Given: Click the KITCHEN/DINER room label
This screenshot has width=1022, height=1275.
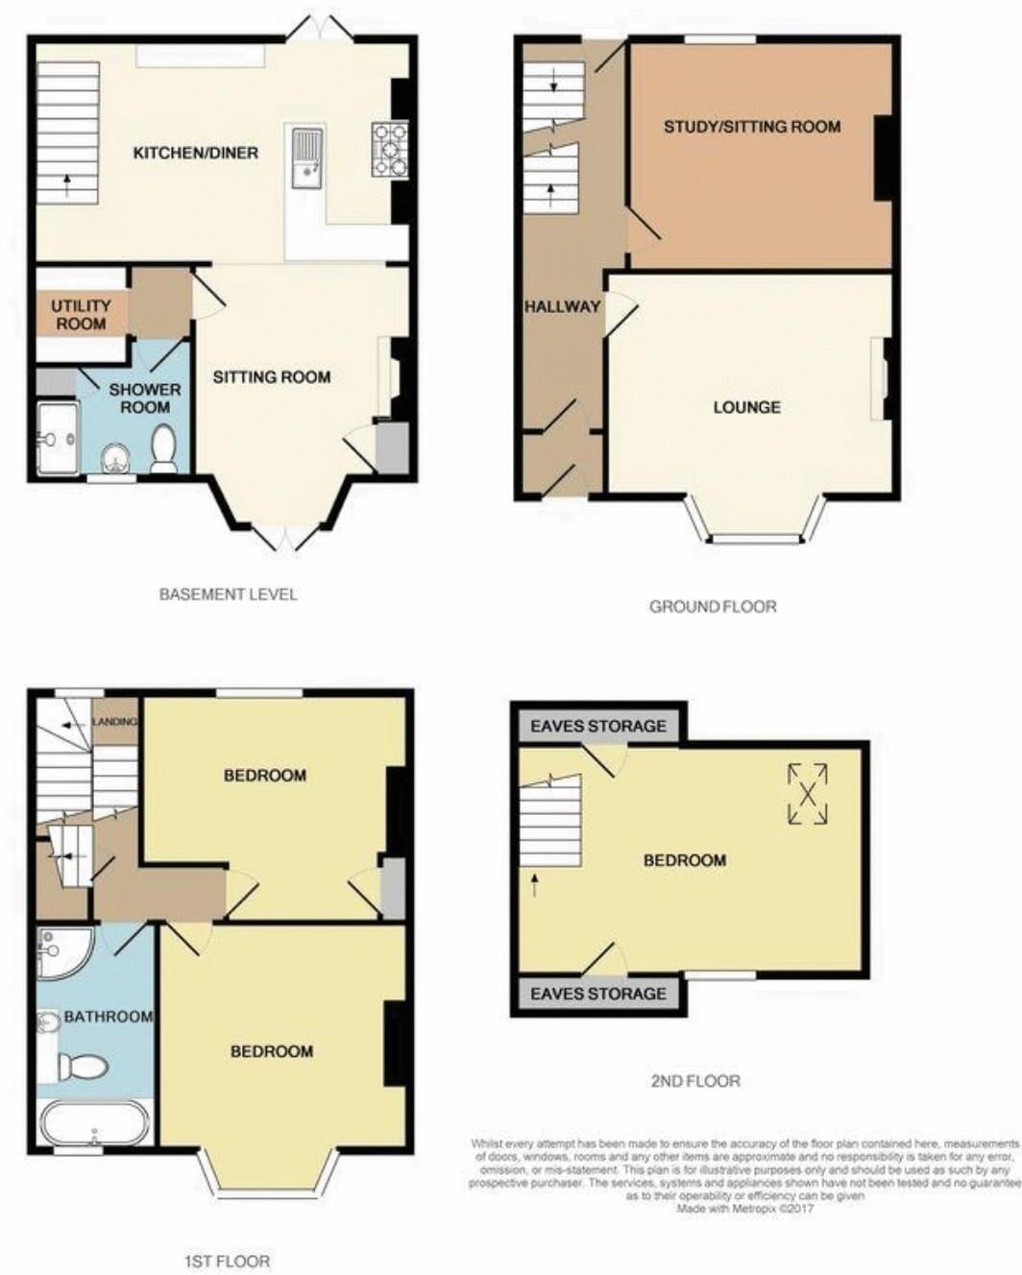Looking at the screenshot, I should (x=195, y=153).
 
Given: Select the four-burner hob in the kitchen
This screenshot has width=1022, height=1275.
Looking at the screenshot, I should (x=390, y=150).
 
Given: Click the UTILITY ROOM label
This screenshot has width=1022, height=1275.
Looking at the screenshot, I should (x=81, y=315).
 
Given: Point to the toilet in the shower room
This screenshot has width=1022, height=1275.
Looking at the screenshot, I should (x=164, y=448).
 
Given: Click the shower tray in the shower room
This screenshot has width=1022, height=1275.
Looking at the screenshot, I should (x=58, y=439).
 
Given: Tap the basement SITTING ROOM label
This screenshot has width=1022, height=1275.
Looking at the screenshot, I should (x=272, y=377).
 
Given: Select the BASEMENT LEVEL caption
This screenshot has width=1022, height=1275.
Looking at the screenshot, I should (x=228, y=594).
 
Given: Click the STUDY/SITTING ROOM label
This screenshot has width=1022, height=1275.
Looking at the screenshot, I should (x=752, y=127).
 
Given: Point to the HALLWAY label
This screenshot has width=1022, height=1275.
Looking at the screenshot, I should (x=562, y=306).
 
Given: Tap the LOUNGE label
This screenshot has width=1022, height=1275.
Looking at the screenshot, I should (x=746, y=407).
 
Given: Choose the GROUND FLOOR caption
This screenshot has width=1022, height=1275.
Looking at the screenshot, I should (x=713, y=606).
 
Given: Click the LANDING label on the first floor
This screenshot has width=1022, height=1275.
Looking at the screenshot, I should (x=115, y=722).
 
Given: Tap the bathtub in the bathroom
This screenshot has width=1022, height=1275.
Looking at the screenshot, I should (x=95, y=1122).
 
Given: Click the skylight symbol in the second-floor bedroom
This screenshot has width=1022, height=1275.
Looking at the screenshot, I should (x=808, y=794).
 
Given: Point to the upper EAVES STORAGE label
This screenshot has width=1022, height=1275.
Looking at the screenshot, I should (x=597, y=726).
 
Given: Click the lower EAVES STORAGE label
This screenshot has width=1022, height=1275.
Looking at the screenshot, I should (x=597, y=994).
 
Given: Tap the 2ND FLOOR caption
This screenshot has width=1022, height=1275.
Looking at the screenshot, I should (x=695, y=1081).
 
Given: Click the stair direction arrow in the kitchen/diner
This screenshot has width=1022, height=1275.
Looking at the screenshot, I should (x=67, y=184).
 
